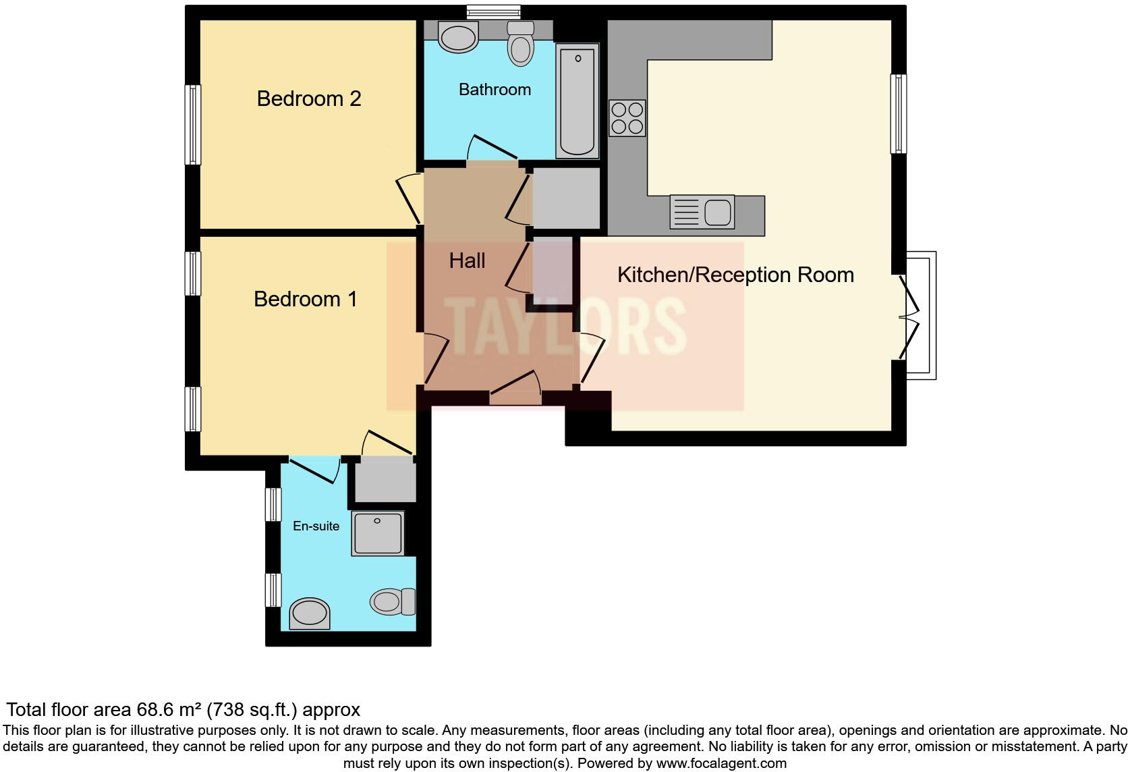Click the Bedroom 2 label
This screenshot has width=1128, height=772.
[309, 99]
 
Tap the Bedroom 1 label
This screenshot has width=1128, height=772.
[305, 299]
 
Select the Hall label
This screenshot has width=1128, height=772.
[467, 260]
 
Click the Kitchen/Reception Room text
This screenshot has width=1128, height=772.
[735, 275]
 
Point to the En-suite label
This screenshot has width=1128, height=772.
[316, 526]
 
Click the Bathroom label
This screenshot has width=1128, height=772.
[495, 90]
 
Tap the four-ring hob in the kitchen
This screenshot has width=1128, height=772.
[627, 118]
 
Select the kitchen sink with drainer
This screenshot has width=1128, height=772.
[702, 212]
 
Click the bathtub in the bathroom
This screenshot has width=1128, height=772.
[577, 101]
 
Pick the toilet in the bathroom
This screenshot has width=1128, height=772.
[520, 43]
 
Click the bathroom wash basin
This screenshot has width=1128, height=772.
[457, 36]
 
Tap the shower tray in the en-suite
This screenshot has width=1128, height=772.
[378, 533]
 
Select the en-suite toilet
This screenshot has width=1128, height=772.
[393, 601]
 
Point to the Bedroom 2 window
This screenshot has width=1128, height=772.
[193, 125]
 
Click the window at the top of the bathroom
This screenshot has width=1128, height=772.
[494, 11]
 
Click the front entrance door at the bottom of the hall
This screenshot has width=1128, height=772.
[515, 391]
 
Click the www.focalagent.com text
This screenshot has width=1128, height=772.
[721, 763]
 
